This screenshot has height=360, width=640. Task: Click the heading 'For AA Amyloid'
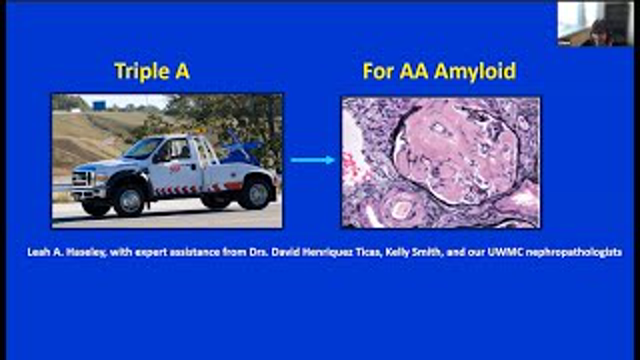439,71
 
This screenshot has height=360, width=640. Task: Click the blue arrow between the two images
312,159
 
